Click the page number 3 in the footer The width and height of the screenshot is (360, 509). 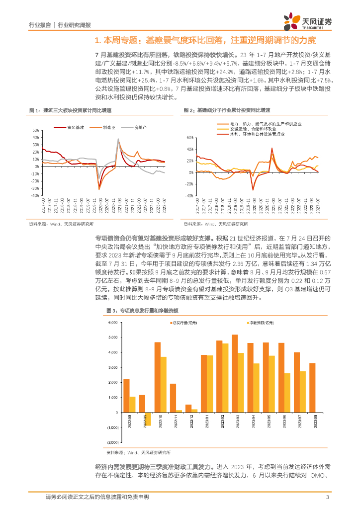[327, 497]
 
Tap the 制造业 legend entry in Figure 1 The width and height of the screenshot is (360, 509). [107, 128]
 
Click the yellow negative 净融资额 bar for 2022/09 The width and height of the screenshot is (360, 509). [148, 419]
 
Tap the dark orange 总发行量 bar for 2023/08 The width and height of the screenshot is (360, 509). [312, 388]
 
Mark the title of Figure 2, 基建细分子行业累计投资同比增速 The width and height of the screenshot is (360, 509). [230, 110]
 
